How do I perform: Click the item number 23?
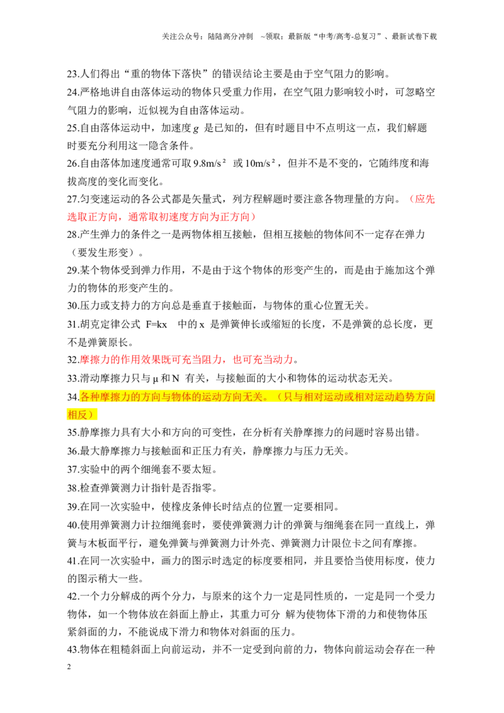(x=73, y=74)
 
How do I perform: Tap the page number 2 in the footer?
(x=69, y=666)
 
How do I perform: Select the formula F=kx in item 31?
(x=156, y=324)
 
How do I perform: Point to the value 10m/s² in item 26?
(x=260, y=163)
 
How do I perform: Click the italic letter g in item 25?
(x=196, y=128)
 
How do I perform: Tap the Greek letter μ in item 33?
(x=155, y=379)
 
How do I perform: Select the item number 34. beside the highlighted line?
(x=73, y=397)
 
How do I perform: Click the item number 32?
(x=73, y=360)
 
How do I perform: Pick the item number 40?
(x=73, y=525)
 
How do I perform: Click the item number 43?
(x=73, y=649)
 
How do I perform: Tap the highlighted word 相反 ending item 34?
(x=77, y=414)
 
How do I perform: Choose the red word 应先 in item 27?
(x=425, y=199)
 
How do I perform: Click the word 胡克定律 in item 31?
(x=101, y=324)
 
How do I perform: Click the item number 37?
(x=73, y=469)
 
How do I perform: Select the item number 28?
(x=73, y=235)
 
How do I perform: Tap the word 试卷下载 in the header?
(x=421, y=37)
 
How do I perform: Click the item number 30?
(x=73, y=306)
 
